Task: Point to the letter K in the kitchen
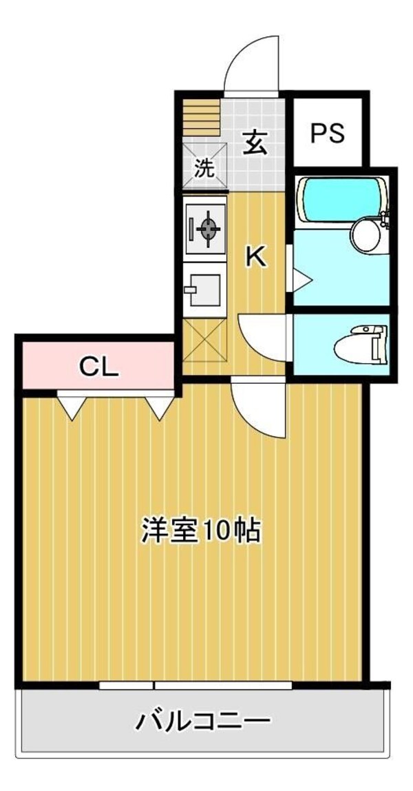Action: pos(255,257)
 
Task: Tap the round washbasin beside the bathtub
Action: pos(367,235)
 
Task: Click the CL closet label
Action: pos(99,366)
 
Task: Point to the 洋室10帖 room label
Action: pos(201,531)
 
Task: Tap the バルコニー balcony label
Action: pos(202,722)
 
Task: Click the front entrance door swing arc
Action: pos(251,65)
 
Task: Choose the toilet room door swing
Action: pos(264,336)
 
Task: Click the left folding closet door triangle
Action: pos(72,407)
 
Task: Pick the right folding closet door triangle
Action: pos(160,407)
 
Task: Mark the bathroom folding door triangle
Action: pos(301,278)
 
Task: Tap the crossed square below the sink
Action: pos(205,340)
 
